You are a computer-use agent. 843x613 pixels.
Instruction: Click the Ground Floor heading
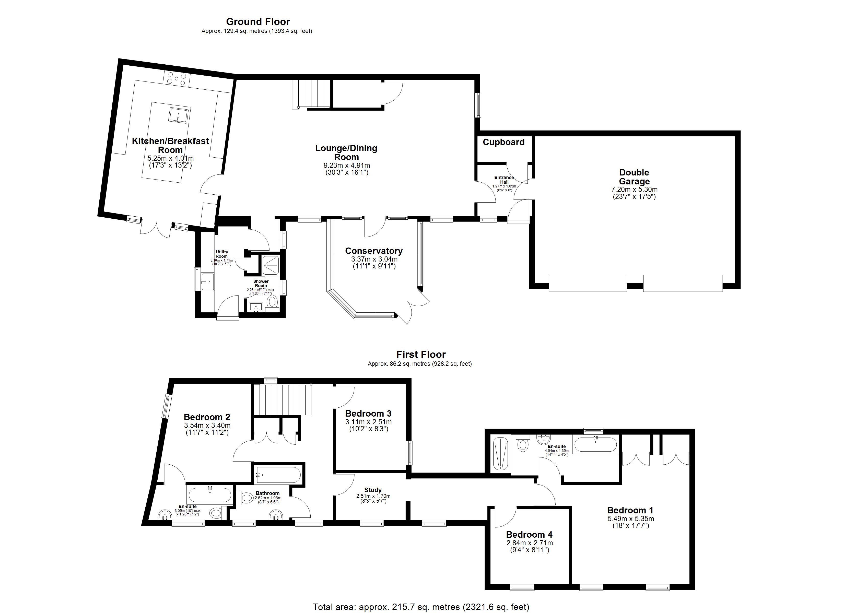click(258, 21)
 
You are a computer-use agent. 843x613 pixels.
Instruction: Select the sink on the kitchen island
click(178, 115)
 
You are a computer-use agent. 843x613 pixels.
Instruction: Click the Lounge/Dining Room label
click(346, 152)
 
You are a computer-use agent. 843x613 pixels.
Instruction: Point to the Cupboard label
click(504, 142)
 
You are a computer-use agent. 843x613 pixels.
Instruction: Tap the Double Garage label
click(634, 177)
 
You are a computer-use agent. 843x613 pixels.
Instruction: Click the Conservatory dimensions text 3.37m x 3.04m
click(374, 259)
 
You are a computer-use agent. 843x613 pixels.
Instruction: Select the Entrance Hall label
click(504, 180)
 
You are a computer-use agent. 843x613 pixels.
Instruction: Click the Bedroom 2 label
click(207, 417)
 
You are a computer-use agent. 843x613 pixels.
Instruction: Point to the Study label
click(373, 490)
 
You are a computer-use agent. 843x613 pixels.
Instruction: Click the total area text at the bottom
click(421, 607)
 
